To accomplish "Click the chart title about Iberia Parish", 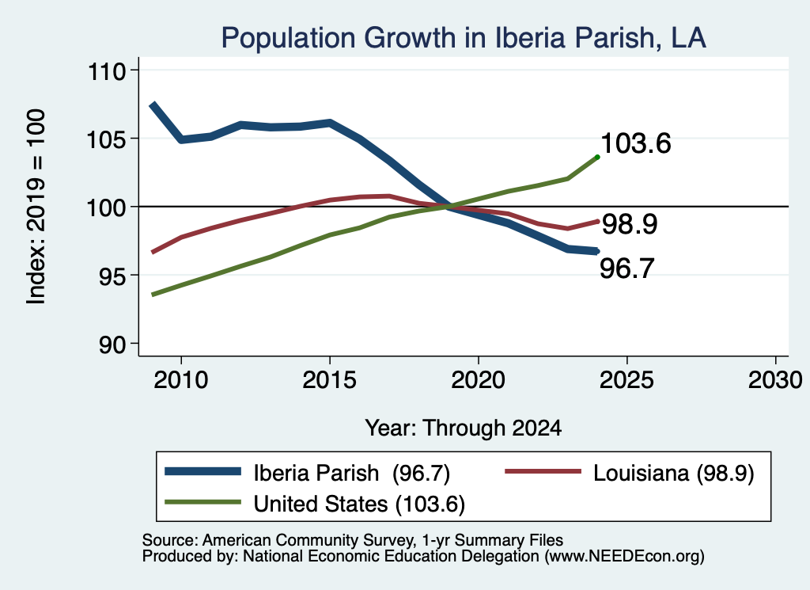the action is click(x=464, y=38).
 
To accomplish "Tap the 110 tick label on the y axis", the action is click(x=107, y=70).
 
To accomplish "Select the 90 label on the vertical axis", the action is click(x=112, y=344).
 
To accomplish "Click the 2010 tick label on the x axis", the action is click(x=181, y=380).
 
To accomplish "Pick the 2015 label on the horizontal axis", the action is click(x=330, y=380).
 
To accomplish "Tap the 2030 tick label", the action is click(x=775, y=380).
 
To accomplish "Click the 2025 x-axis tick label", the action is click(x=626, y=380).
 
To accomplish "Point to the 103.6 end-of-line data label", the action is click(x=636, y=143).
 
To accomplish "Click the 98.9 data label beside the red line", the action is click(x=630, y=224).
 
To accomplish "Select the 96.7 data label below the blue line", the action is click(x=627, y=268).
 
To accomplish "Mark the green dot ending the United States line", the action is click(x=598, y=157).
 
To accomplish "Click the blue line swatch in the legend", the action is click(x=203, y=471).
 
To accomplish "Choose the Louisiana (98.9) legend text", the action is click(x=674, y=473).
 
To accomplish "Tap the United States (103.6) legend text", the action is click(x=360, y=504).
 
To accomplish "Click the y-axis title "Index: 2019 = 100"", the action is click(x=36, y=207).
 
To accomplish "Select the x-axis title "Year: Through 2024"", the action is click(x=464, y=428).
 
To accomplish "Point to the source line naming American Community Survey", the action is click(x=353, y=540).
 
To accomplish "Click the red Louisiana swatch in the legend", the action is click(x=543, y=471).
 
